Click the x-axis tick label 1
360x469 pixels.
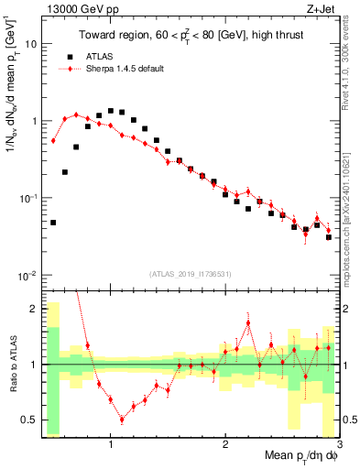click(x=111, y=445)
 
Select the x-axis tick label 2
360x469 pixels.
click(x=225, y=445)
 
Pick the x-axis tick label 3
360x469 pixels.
click(x=338, y=445)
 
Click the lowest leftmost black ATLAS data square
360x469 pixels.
click(x=53, y=223)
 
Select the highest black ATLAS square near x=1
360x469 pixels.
click(x=111, y=111)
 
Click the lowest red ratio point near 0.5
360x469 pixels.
click(x=122, y=420)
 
